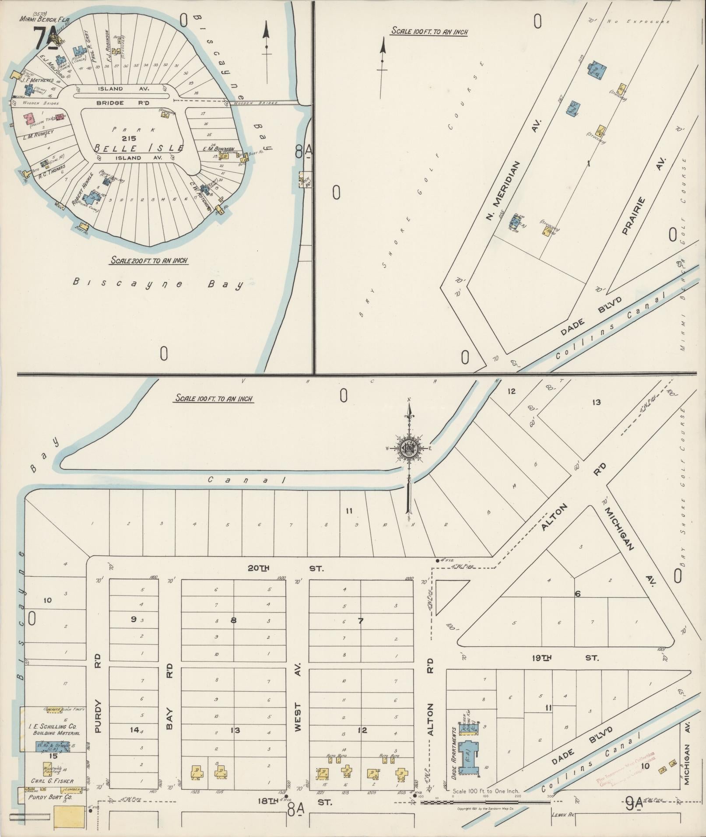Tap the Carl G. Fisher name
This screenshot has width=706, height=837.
52,781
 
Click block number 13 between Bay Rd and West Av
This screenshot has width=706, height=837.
235,730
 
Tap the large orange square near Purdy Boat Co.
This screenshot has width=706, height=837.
69,816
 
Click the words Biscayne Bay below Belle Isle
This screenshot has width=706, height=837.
158,284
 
